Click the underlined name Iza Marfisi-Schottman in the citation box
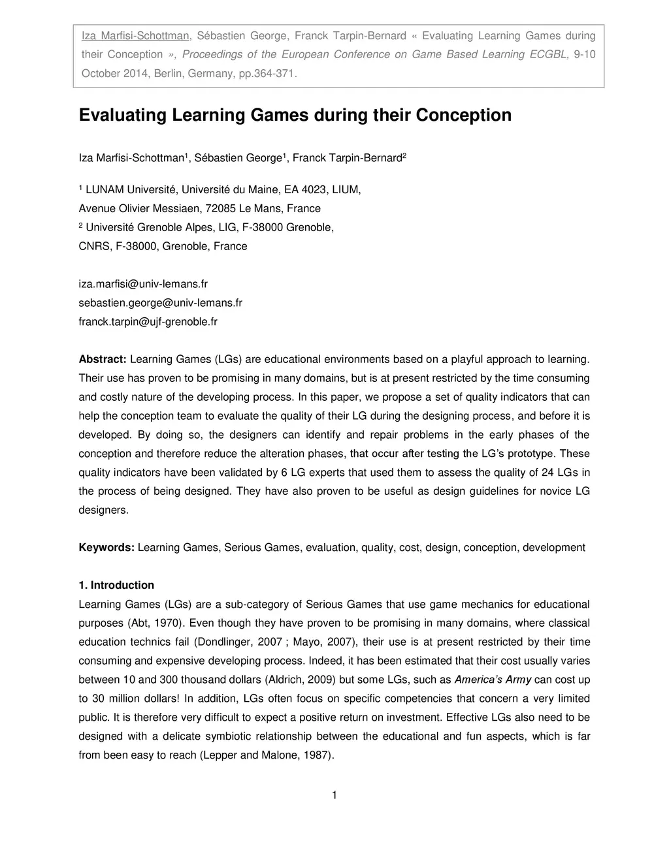click(x=135, y=36)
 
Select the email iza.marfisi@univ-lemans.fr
click(x=143, y=284)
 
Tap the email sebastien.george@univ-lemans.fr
click(x=160, y=303)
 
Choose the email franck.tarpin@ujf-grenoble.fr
click(x=148, y=322)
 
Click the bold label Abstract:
click(x=103, y=360)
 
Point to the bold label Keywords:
click(x=106, y=548)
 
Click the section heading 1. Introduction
click(x=116, y=586)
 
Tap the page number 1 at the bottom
click(x=334, y=795)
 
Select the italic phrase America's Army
click(x=493, y=680)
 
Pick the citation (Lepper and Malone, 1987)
click(x=267, y=755)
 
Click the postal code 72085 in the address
click(x=221, y=209)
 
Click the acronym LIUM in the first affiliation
click(x=346, y=190)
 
